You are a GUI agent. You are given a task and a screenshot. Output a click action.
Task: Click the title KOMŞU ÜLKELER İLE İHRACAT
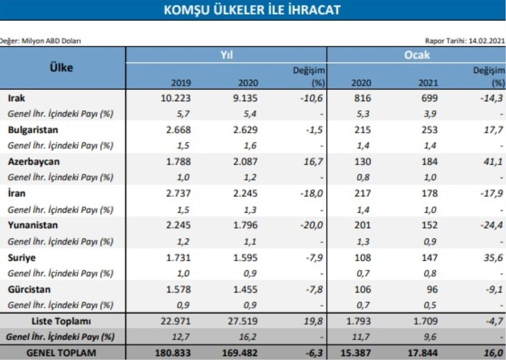252,10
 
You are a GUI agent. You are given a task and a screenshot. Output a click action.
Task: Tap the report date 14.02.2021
487,40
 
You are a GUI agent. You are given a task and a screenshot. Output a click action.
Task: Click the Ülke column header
61,67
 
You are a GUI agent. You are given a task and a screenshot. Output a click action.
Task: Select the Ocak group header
417,55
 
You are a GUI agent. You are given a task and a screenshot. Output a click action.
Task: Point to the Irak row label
16,98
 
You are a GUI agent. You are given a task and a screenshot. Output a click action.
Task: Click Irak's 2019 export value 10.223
175,98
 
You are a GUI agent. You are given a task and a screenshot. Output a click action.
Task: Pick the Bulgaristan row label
33,130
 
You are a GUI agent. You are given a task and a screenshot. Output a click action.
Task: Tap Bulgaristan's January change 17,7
494,130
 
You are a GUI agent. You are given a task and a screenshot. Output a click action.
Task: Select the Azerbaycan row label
34,161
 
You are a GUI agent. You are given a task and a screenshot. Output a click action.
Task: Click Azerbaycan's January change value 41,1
494,161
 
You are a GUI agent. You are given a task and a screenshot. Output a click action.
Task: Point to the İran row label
16,193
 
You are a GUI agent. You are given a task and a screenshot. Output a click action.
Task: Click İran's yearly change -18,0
311,193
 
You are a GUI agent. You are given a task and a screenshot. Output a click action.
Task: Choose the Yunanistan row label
33,225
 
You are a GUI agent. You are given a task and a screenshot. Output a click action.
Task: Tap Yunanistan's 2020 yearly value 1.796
246,225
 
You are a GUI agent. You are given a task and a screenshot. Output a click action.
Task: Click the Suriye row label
21,258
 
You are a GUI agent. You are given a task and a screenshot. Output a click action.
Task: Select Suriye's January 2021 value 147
430,258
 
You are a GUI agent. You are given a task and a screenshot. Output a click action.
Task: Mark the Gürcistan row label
29,289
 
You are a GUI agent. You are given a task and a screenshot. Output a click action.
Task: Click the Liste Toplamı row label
61,321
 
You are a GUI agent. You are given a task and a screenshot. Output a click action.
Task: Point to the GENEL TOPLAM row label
61,353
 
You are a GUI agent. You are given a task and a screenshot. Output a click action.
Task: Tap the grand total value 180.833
173,353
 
